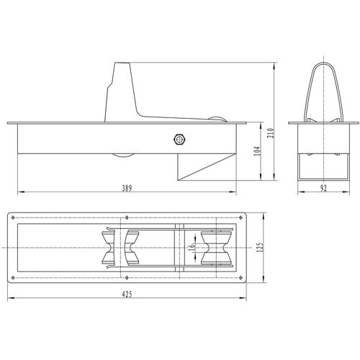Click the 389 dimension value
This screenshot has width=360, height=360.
pyautogui.click(x=127, y=188)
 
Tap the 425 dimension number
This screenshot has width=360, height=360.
pyautogui.click(x=127, y=294)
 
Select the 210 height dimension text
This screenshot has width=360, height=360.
pyautogui.click(x=271, y=133)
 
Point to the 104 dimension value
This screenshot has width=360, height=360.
pyautogui.click(x=257, y=151)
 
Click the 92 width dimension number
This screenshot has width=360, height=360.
pyautogui.click(x=323, y=188)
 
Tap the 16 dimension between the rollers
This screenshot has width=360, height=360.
pyautogui.click(x=192, y=248)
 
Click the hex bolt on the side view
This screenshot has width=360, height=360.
pyautogui.click(x=179, y=140)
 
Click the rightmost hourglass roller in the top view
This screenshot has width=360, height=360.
pyautogui.click(x=217, y=248)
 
